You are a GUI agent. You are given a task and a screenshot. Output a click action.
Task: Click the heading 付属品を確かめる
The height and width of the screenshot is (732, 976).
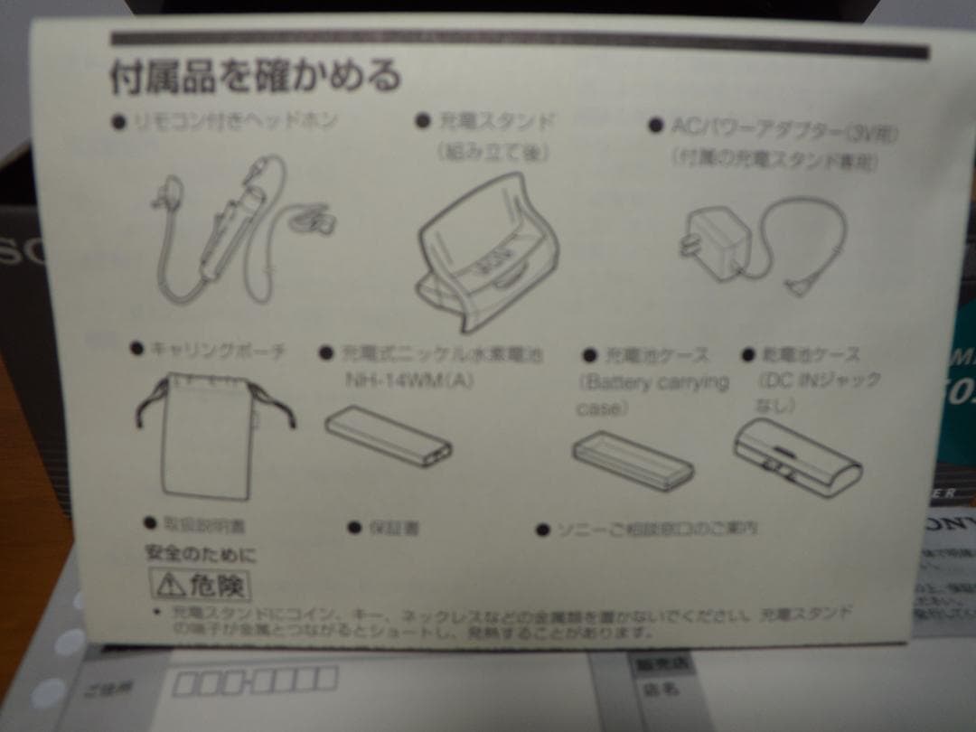point(256,77)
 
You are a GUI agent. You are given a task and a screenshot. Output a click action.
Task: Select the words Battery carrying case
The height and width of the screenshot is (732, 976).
point(652,394)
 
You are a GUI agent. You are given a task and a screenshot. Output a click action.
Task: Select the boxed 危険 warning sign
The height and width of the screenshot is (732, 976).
point(199,585)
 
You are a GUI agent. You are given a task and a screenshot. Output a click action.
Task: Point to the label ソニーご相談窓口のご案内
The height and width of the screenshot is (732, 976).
point(654,528)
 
